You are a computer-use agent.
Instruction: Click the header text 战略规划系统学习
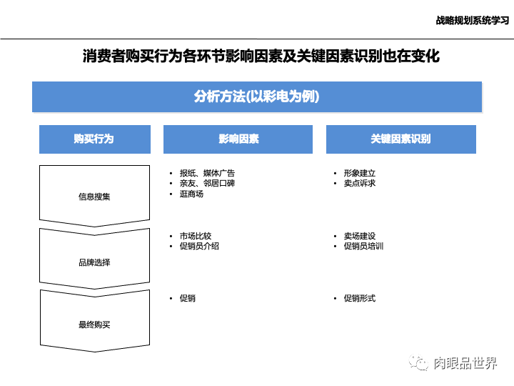click(470, 20)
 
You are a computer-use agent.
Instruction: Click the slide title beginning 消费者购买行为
click(261, 56)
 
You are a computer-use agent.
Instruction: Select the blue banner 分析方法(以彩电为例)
click(257, 97)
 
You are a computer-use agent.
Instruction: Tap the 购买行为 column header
click(94, 139)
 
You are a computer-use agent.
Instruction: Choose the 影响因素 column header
click(238, 139)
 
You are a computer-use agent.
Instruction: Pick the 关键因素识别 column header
click(400, 139)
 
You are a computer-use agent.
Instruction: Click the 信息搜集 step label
click(94, 197)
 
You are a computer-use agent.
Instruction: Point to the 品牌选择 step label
click(94, 262)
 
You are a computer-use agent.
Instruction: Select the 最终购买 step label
click(94, 325)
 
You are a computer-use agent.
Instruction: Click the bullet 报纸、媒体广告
click(207, 173)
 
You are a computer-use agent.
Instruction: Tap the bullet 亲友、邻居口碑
click(207, 183)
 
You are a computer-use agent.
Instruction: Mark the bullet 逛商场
click(191, 194)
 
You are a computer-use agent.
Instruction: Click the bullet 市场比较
click(196, 236)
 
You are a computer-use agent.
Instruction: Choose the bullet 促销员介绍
click(199, 246)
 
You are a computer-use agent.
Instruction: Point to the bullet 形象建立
click(359, 173)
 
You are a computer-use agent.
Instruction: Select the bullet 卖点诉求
click(359, 183)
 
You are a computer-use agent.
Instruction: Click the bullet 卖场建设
click(359, 236)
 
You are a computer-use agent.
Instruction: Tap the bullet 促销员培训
click(364, 246)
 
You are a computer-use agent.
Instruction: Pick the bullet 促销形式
click(359, 298)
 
